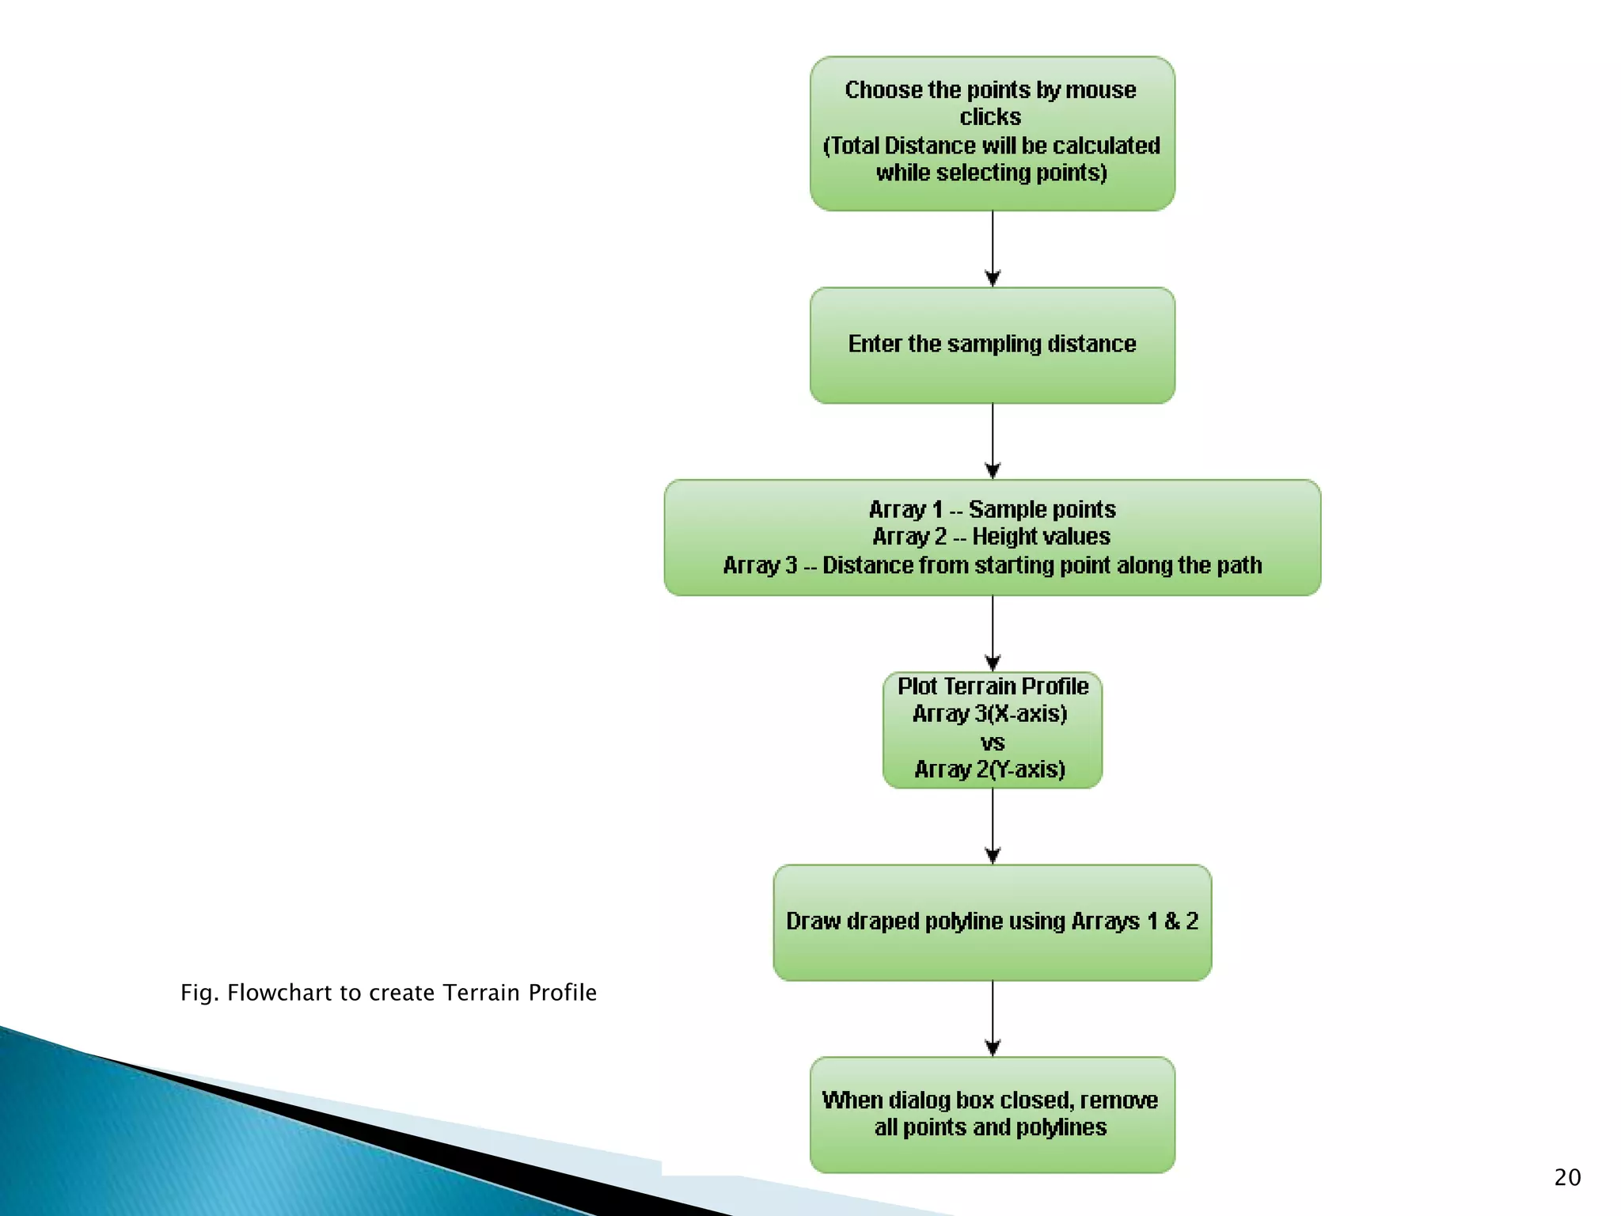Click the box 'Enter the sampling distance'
click(992, 345)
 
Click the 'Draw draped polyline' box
click(992, 921)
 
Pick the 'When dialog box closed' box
click(992, 1114)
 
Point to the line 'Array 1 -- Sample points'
click(992, 509)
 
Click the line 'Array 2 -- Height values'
click(992, 537)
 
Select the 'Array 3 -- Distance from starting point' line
click(992, 565)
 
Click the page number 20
click(1567, 1177)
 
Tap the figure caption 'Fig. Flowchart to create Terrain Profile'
click(388, 993)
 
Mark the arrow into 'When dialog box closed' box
click(993, 1018)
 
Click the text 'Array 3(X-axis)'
click(990, 714)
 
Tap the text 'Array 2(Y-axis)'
click(990, 769)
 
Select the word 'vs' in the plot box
click(993, 743)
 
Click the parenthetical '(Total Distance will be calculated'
click(992, 146)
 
